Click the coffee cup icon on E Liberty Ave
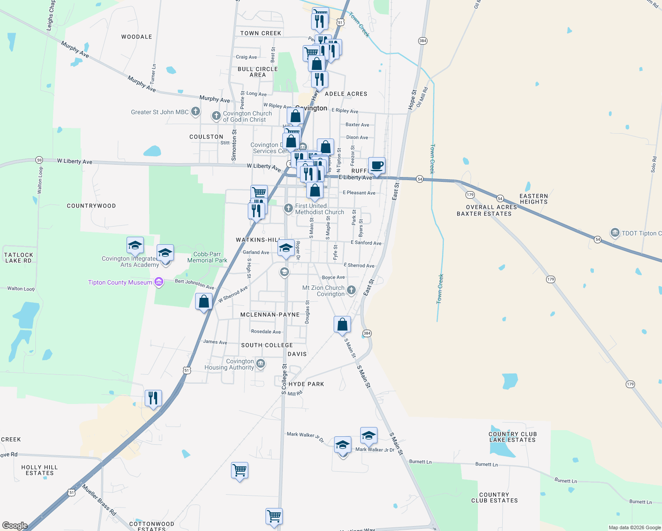tap(377, 166)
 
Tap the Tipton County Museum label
tap(120, 283)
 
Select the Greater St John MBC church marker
tap(196, 112)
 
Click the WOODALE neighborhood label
tap(137, 37)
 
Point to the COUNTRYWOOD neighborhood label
tap(91, 206)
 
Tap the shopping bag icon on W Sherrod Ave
tap(204, 302)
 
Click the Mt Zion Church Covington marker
tap(351, 290)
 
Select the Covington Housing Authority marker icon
tap(261, 364)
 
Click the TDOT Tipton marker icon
tap(615, 233)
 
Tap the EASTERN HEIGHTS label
tap(534, 199)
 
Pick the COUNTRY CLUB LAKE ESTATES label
tap(512, 437)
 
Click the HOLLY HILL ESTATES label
tap(39, 470)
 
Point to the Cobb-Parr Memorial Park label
tap(207, 257)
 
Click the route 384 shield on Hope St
tap(423, 41)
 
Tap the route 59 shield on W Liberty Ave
tap(39, 160)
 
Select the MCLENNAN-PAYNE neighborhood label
tap(270, 315)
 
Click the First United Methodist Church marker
tap(289, 208)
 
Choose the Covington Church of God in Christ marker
tap(216, 116)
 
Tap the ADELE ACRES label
tap(346, 94)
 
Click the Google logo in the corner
tap(15, 526)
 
